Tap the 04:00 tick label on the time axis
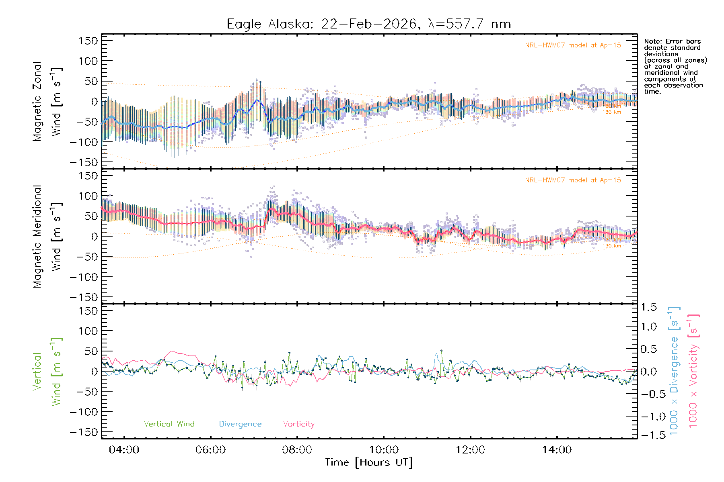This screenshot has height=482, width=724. click(124, 449)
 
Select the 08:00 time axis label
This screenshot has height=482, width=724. click(297, 449)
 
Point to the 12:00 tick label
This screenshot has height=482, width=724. click(470, 449)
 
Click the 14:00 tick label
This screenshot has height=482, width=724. click(557, 449)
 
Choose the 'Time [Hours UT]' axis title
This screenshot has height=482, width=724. click(369, 462)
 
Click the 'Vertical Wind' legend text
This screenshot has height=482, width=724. click(169, 424)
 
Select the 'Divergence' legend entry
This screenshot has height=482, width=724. click(240, 424)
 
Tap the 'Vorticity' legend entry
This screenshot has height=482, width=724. click(298, 424)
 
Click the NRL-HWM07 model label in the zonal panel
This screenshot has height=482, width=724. click(573, 45)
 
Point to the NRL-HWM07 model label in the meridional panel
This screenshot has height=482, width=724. click(573, 180)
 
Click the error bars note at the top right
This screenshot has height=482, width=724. click(675, 66)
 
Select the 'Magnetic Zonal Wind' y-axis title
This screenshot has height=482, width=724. click(47, 102)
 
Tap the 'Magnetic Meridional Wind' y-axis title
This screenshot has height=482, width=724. click(47, 237)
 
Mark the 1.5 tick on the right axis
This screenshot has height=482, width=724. click(648, 308)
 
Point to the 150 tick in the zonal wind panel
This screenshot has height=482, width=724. click(88, 41)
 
